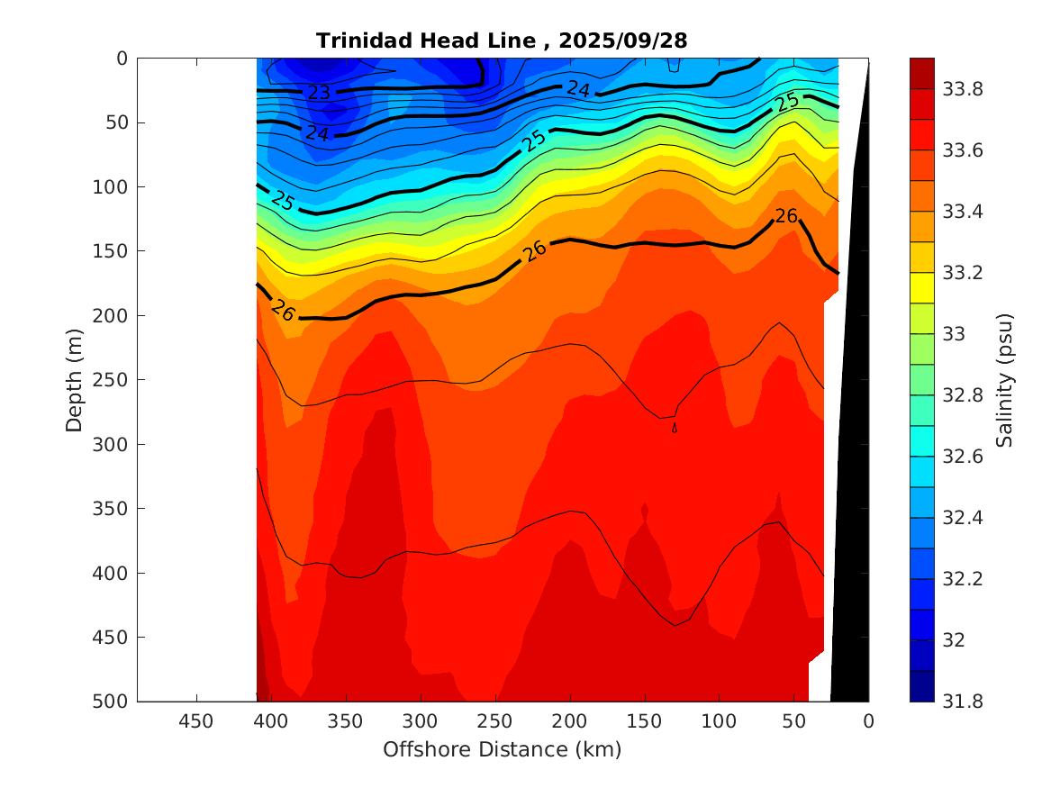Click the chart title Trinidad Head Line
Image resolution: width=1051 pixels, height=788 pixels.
[503, 41]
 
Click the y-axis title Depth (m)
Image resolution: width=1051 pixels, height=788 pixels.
[76, 379]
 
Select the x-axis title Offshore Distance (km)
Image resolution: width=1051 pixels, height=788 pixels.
[503, 749]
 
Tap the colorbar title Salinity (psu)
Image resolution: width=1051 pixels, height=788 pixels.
[1005, 379]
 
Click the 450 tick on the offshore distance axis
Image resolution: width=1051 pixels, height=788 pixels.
[196, 720]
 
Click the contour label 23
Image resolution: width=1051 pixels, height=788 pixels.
[319, 93]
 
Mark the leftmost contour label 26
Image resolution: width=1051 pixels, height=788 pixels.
[283, 310]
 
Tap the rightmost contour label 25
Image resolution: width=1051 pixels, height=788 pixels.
[788, 102]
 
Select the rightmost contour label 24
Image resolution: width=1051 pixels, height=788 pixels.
[578, 89]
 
